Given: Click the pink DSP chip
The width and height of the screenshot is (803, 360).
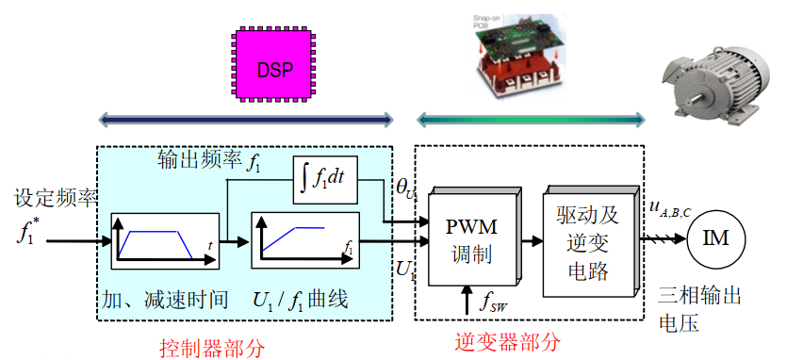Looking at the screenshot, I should tap(275, 68).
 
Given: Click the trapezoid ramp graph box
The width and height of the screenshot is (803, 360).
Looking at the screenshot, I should tap(153, 244).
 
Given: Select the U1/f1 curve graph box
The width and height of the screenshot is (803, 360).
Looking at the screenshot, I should tap(293, 244).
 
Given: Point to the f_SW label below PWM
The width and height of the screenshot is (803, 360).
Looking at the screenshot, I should tap(491, 304).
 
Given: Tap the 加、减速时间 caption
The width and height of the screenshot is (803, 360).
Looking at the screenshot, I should tap(165, 301).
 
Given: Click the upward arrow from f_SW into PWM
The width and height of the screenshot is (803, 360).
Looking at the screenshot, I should tap(468, 300).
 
